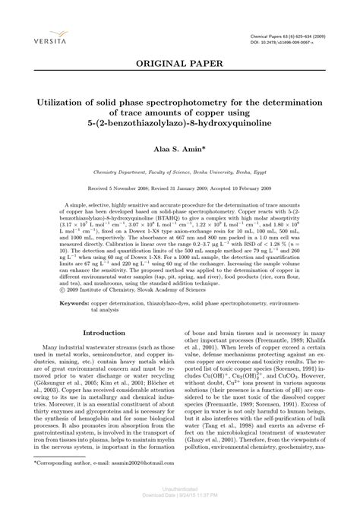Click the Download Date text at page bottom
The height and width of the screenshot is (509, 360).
pos(180,504)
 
